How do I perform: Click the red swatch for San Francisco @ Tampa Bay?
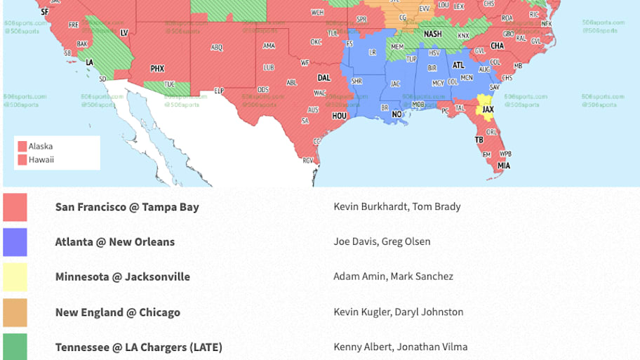coord(15,207)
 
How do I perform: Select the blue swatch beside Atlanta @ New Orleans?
coord(15,242)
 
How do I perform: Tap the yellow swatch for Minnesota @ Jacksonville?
coord(15,277)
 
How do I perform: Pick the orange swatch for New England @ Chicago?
coord(15,312)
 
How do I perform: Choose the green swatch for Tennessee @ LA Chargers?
coord(15,347)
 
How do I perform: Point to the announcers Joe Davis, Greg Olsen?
coord(382,241)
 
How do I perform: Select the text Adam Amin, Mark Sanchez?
coord(393,276)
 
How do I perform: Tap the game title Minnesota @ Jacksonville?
coord(122,276)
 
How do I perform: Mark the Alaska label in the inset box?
coord(41,147)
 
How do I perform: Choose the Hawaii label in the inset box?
coord(41,160)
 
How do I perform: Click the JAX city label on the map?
coord(488,110)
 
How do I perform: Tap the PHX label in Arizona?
coord(157,69)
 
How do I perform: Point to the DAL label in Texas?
coord(324,78)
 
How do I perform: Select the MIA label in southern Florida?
coord(504,166)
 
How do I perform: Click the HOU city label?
coord(340,116)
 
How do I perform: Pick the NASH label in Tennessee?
coord(433,34)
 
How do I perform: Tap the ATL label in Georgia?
coord(458,65)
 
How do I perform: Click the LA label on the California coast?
coord(90,62)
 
